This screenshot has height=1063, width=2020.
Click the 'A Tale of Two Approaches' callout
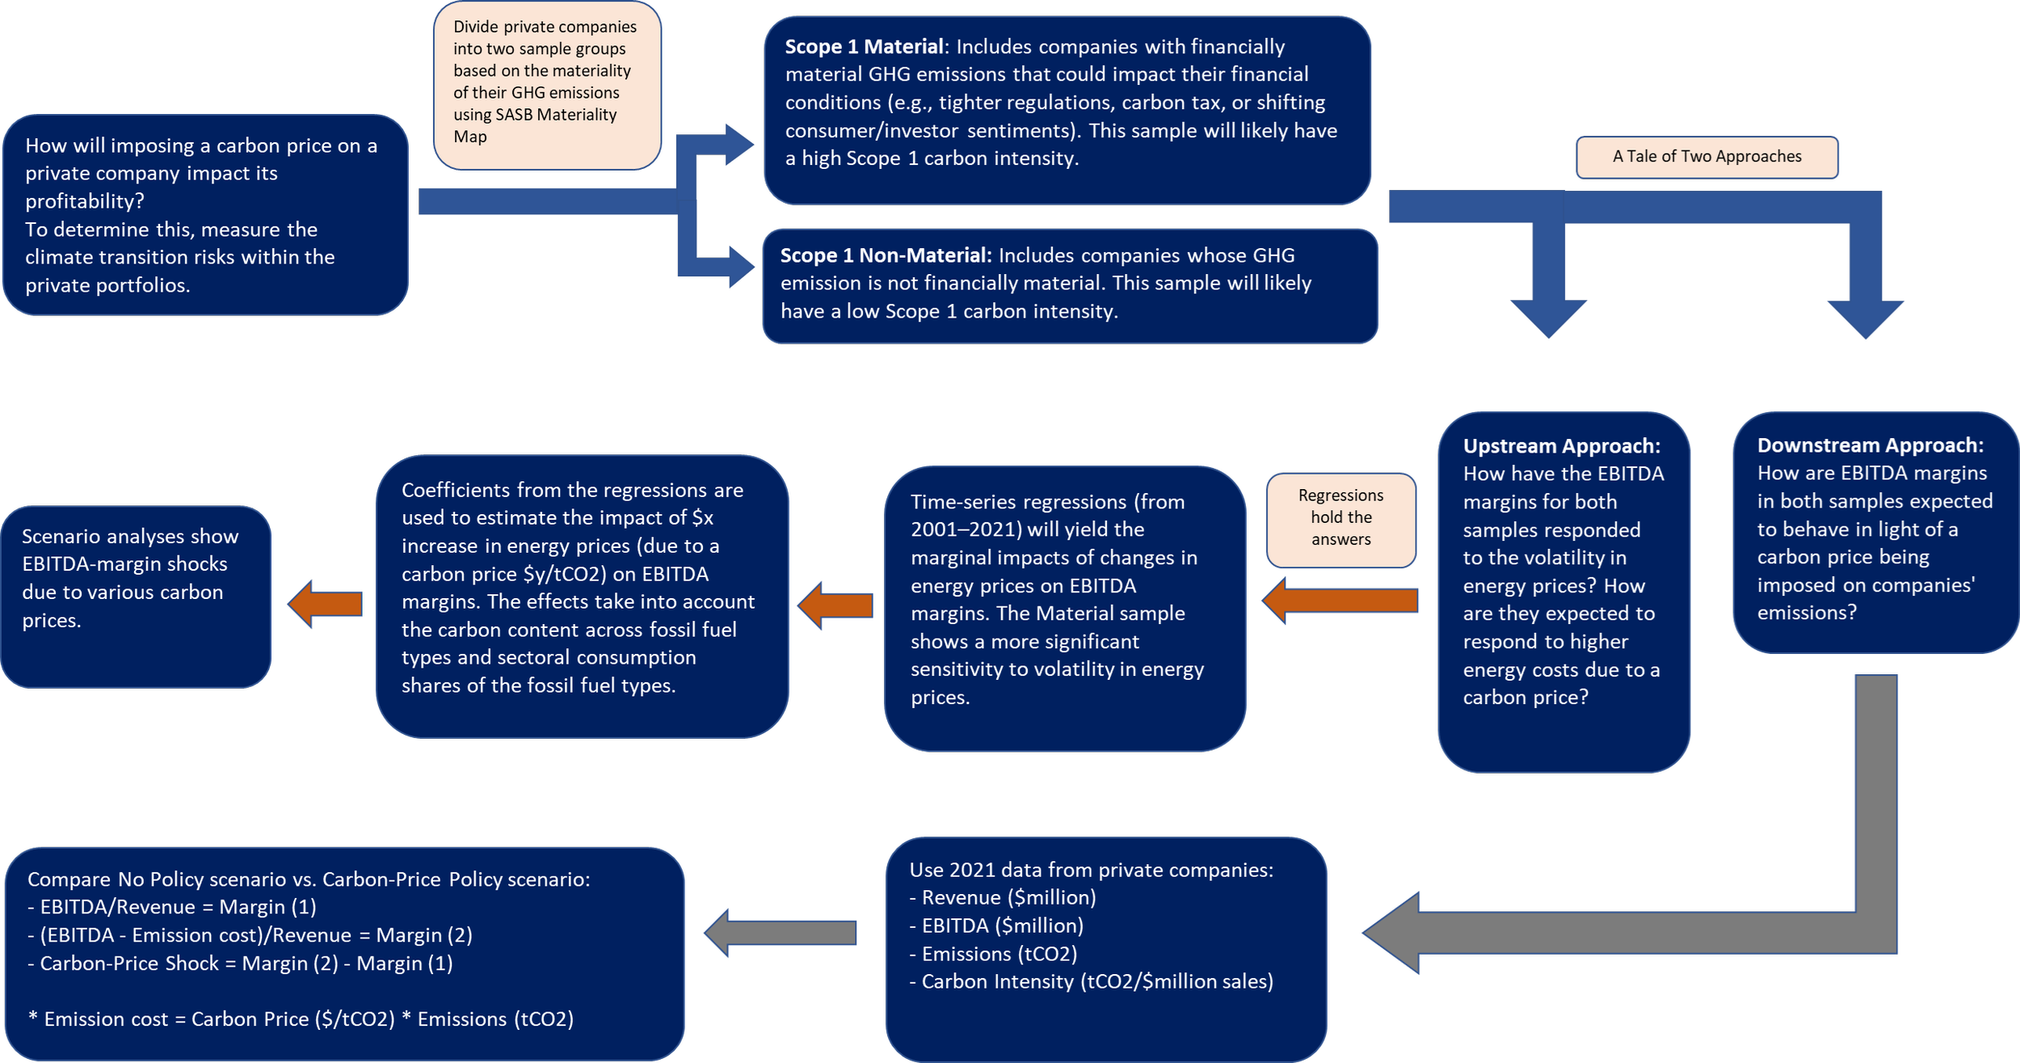(x=1706, y=157)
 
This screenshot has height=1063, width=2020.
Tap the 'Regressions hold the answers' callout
(x=1340, y=518)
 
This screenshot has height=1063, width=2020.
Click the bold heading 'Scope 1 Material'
(x=863, y=47)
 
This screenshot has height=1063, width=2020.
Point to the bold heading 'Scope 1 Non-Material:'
(x=886, y=255)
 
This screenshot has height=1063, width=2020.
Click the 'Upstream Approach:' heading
(x=1561, y=446)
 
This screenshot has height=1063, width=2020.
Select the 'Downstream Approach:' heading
(x=1870, y=445)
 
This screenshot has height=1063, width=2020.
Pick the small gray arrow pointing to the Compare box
(x=780, y=933)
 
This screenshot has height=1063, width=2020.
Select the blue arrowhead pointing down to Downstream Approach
(x=1865, y=318)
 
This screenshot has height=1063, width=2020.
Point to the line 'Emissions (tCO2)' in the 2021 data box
(x=999, y=954)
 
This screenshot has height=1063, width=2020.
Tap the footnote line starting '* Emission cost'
(x=301, y=1019)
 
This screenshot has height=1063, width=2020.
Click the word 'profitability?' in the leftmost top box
(x=84, y=201)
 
